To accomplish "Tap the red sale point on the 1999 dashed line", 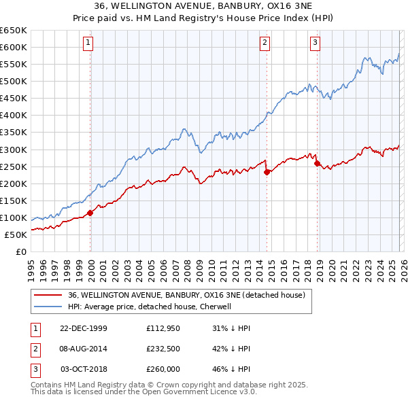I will [90, 213].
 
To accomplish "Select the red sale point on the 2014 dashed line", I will [267, 172].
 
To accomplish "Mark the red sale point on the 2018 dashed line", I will [317, 163].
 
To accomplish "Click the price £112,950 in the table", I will [163, 328].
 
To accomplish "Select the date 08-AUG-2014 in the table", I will [84, 349].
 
